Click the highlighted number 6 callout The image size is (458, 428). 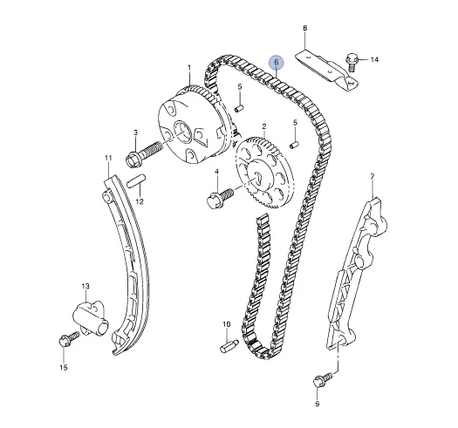[x=277, y=62]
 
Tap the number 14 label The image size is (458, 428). [x=374, y=59]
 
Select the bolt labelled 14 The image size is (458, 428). [x=352, y=62]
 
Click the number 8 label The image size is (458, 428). [x=304, y=28]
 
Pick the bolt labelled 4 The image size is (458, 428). [x=220, y=198]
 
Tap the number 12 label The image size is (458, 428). [x=140, y=201]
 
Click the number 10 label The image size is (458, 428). [x=226, y=324]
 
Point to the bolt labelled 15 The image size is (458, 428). [x=69, y=339]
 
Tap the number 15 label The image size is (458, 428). [x=64, y=367]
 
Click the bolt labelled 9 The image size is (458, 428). [x=323, y=380]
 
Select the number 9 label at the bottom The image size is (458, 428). [x=318, y=404]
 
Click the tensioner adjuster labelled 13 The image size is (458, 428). [x=91, y=319]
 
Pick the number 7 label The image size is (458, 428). [x=373, y=176]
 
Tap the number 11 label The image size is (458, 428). [x=108, y=158]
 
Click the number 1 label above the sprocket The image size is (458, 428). [x=189, y=68]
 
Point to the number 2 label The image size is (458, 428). [x=264, y=126]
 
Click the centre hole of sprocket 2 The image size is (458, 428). [x=258, y=177]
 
